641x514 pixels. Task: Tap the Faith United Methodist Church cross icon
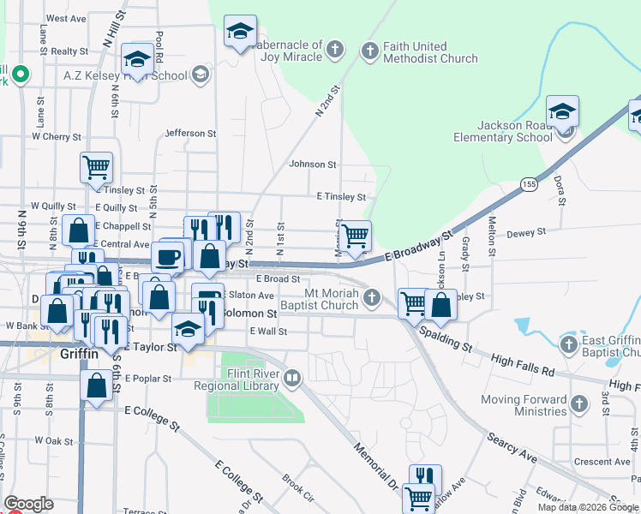tap(370, 51)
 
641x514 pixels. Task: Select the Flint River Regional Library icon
tap(292, 377)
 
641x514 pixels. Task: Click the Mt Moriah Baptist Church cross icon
tap(371, 298)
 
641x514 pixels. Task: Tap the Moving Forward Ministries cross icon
tap(579, 403)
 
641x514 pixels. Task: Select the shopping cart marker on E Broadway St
tap(355, 235)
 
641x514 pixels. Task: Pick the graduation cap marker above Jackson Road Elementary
tap(562, 111)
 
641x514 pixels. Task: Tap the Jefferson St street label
tap(190, 133)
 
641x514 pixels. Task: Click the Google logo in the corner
tap(28, 504)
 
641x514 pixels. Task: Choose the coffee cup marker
tap(167, 256)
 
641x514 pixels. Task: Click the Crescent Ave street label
tap(602, 461)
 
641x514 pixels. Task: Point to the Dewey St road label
tap(526, 232)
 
